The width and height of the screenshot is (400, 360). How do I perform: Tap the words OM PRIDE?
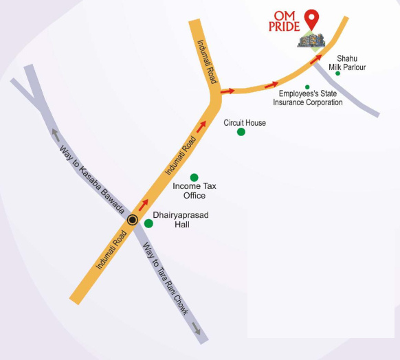(287, 21)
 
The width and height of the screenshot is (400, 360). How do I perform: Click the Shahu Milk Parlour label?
(346, 63)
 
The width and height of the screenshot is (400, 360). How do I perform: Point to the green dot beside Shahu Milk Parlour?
(338, 74)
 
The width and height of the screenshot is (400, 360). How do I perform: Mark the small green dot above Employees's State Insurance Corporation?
(307, 87)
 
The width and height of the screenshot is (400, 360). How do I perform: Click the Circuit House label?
(245, 123)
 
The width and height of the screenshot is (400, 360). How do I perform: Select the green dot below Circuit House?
(241, 132)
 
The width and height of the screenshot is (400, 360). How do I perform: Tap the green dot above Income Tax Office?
(194, 177)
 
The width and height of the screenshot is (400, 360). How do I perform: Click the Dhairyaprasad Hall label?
(180, 220)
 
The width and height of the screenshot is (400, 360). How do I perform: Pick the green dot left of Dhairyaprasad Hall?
(148, 223)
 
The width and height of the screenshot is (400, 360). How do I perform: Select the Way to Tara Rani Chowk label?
(164, 278)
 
